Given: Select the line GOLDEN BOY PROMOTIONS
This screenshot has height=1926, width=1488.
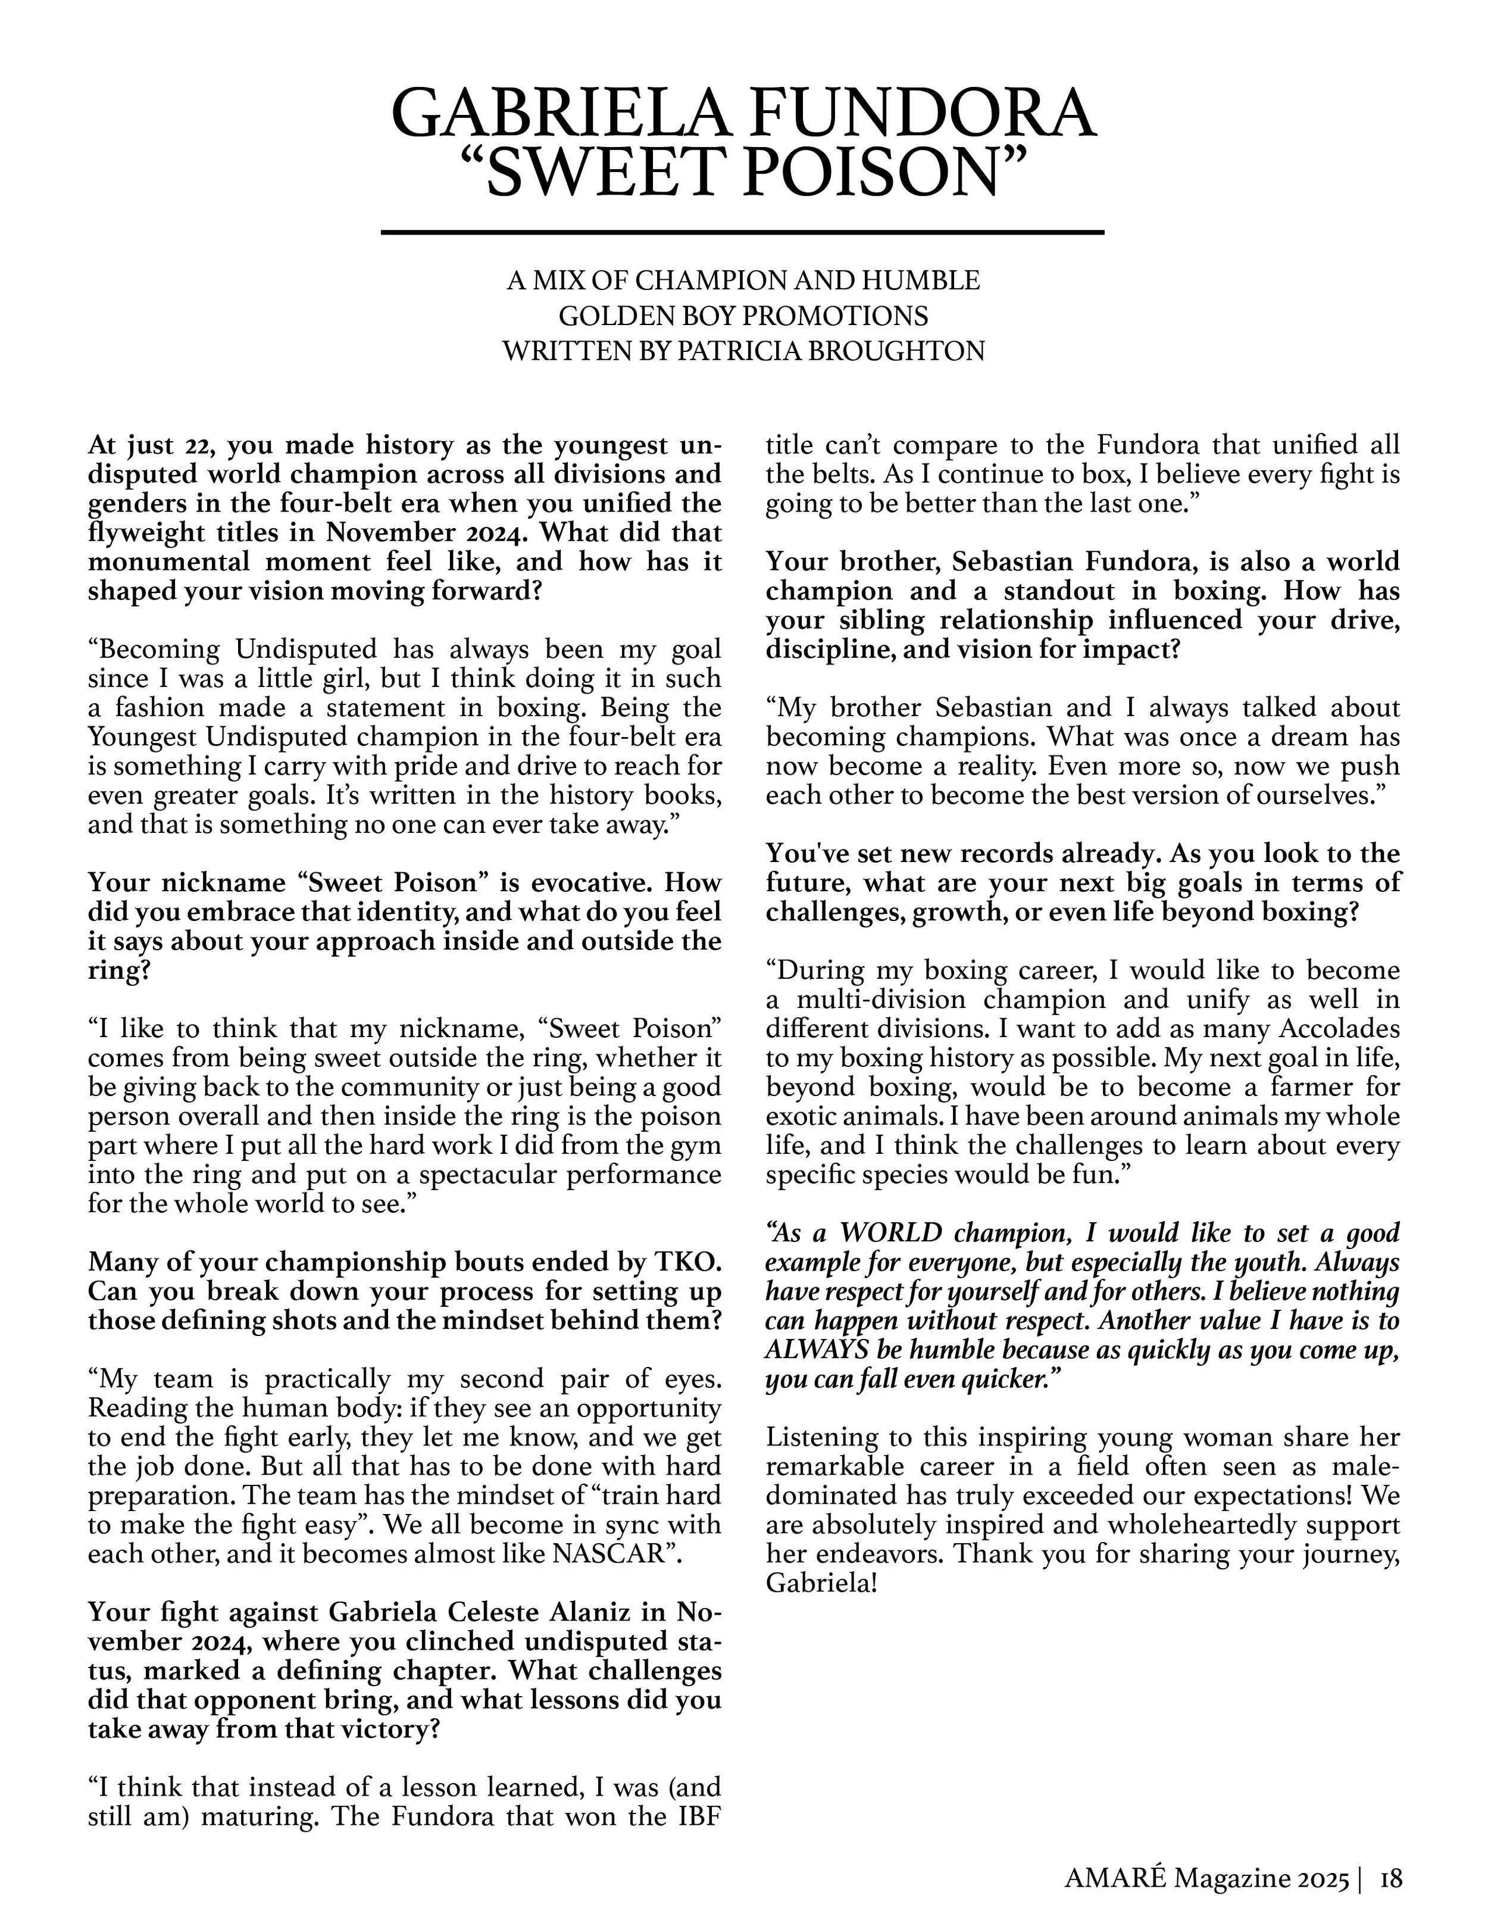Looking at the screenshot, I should coord(743,316).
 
